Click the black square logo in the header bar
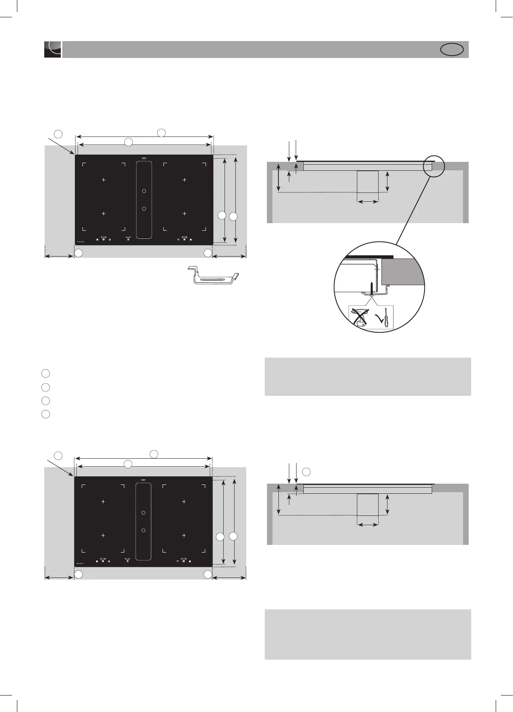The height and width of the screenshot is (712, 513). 52,50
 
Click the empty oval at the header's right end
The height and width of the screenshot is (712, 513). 452,50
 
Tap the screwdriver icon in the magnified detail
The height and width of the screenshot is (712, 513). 387,319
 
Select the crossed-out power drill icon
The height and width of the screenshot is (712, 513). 359,317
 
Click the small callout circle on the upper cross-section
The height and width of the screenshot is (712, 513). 434,166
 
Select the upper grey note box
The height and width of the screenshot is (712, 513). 368,377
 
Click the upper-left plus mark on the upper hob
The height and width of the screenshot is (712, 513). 103,180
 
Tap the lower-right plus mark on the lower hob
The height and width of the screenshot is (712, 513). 184,535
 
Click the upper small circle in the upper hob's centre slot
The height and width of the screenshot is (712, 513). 143,190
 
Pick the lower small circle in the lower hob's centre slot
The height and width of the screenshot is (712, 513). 143,530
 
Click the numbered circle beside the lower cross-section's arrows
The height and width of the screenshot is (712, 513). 307,471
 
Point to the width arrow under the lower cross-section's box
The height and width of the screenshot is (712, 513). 368,524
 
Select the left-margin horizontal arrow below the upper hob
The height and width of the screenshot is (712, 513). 59,255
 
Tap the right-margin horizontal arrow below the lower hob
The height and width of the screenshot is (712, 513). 229,578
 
